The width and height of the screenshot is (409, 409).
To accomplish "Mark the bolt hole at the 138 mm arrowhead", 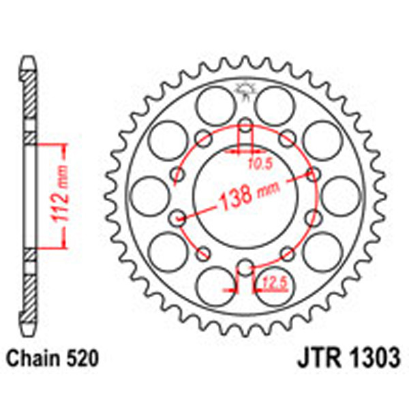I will [313, 175].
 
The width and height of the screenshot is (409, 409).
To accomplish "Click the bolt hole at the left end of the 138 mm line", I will [177, 219].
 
